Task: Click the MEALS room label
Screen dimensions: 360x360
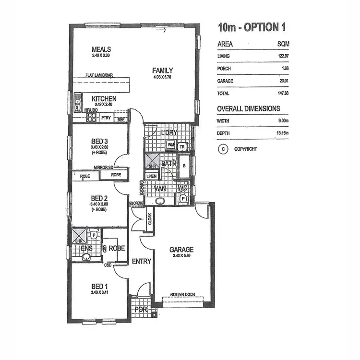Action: point(102,49)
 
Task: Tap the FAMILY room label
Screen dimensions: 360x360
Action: point(163,70)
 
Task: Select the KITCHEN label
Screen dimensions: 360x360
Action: point(104,98)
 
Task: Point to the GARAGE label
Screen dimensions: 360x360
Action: point(181,250)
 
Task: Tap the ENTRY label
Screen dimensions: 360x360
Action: point(141,262)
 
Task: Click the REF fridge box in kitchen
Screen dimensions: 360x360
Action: point(121,119)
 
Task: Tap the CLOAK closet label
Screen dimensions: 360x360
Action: point(150,219)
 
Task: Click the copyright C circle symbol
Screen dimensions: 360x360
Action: point(223,149)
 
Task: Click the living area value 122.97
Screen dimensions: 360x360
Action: point(282,56)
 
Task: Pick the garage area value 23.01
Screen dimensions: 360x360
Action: point(282,81)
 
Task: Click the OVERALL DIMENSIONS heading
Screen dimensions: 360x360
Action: point(249,108)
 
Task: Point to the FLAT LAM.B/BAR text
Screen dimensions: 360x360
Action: point(99,76)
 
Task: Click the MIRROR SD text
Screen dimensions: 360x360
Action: point(104,168)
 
